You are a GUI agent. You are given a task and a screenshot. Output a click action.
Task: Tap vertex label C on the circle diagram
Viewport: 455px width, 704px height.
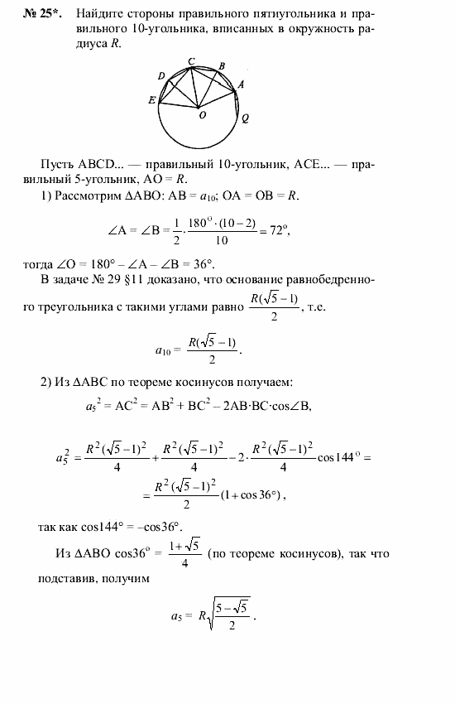[192, 61]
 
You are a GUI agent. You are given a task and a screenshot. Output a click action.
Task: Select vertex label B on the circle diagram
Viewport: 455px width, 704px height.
[221, 65]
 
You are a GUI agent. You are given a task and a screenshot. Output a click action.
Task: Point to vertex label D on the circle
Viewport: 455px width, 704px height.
[161, 75]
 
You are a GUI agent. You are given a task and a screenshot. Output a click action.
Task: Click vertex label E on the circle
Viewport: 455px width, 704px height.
[152, 101]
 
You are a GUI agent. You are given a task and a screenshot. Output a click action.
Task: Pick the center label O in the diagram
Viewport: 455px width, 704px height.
[202, 116]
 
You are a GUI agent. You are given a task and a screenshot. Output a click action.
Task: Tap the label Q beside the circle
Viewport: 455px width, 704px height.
[246, 118]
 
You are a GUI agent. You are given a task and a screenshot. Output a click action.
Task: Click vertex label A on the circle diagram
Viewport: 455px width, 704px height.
[241, 84]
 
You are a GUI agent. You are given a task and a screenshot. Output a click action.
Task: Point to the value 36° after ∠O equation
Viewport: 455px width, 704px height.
[202, 263]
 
